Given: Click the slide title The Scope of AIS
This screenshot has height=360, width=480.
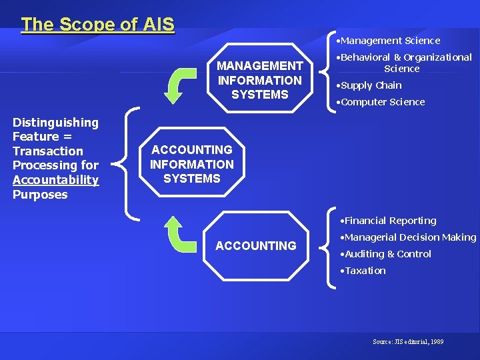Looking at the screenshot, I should pyautogui.click(x=97, y=25).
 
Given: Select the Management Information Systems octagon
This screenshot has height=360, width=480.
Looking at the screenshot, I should pyautogui.click(x=259, y=80).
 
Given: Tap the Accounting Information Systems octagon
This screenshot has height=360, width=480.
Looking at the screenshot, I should pyautogui.click(x=192, y=164).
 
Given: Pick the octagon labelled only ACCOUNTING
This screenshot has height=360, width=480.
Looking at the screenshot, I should pyautogui.click(x=256, y=246).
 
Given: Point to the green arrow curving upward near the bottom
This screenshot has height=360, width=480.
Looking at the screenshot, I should pyautogui.click(x=181, y=234).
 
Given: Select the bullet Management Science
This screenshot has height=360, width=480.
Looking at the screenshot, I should pyautogui.click(x=389, y=41).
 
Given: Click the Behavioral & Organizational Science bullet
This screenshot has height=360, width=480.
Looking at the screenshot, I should pyautogui.click(x=404, y=63).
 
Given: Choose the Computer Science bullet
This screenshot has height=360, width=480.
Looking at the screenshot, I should pyautogui.click(x=381, y=102).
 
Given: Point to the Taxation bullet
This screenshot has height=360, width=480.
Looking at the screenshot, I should pyautogui.click(x=363, y=271).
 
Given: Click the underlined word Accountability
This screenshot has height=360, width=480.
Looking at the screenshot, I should pyautogui.click(x=55, y=180).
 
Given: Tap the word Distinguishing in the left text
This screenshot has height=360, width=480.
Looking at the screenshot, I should pyautogui.click(x=55, y=123).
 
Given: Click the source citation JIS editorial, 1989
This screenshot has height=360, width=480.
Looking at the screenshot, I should pyautogui.click(x=408, y=342).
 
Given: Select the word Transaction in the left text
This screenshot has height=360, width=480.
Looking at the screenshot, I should pyautogui.click(x=48, y=151).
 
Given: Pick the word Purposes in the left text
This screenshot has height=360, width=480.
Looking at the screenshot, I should pyautogui.click(x=40, y=195).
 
